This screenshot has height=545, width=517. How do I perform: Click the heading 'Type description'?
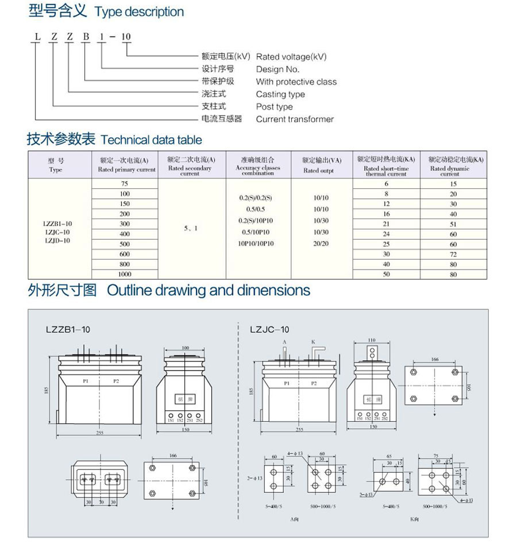click(139, 11)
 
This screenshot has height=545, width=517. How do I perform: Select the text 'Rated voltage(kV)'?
click(291, 56)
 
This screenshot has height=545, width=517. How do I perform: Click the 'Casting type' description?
click(280, 94)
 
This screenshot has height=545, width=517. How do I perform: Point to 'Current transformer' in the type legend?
click(295, 119)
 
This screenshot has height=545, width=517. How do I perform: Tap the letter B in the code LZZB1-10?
click(86, 37)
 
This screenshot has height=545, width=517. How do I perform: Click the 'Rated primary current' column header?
click(126, 169)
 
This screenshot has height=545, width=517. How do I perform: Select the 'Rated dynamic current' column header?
click(450, 169)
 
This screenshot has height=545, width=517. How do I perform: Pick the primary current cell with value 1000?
click(125, 274)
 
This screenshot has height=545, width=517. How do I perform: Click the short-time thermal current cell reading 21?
click(387, 224)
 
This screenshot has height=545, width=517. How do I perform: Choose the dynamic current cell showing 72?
click(453, 254)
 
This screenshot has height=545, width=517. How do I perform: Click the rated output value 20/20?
click(321, 244)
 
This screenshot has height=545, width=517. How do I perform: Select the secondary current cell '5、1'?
click(191, 228)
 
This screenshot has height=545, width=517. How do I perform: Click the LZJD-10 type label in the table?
click(58, 241)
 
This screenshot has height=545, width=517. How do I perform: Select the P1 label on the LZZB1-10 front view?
click(85, 381)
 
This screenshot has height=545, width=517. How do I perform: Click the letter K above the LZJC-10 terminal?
click(313, 341)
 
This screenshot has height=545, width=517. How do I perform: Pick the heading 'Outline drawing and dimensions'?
click(209, 290)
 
